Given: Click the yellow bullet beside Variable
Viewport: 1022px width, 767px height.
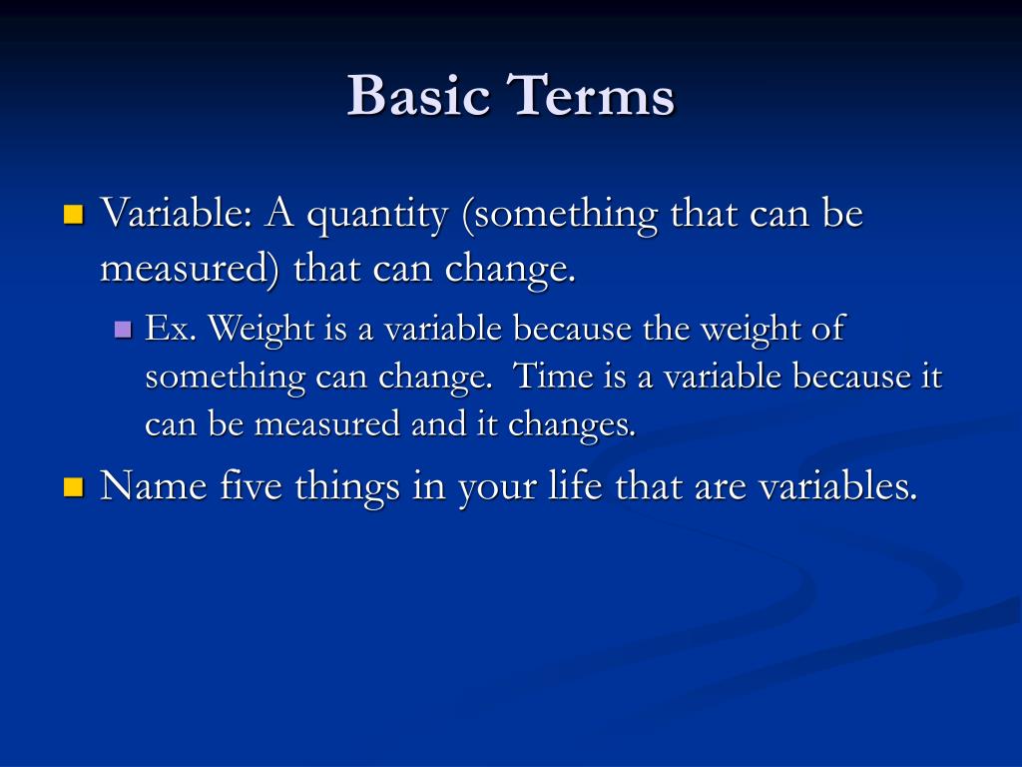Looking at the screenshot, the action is tap(74, 215).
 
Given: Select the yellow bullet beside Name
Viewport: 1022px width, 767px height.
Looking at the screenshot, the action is tap(74, 487).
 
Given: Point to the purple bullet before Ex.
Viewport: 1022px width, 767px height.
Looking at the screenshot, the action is tap(123, 329).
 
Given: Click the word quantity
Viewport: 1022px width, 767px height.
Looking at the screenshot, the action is tap(377, 216).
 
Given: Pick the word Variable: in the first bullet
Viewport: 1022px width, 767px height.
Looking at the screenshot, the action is tap(176, 213).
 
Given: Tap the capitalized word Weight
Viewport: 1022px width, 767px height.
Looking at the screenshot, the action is tap(261, 328).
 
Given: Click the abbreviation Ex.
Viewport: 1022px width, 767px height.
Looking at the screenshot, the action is tap(170, 328).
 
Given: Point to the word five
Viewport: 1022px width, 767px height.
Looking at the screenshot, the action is tap(251, 486).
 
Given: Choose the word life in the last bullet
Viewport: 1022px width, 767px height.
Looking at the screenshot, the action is tap(575, 486).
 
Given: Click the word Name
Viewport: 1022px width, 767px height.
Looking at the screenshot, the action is tap(154, 486).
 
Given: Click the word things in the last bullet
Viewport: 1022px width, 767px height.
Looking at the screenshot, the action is tap(347, 487).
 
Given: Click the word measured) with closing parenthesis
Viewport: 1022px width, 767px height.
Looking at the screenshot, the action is tap(190, 269).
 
